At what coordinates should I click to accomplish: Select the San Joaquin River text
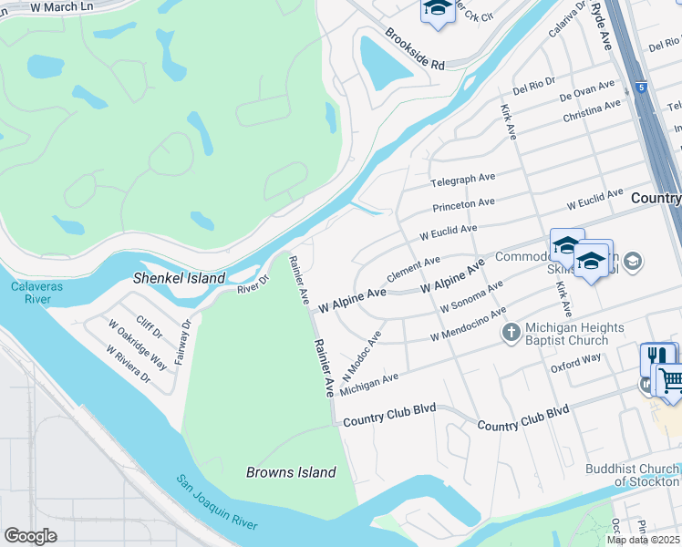point(217,502)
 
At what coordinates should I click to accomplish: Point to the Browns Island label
point(291,472)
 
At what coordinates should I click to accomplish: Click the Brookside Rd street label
point(414,50)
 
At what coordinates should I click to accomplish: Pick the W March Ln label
point(61,6)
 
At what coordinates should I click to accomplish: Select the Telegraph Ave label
point(462,180)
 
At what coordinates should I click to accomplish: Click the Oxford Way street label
point(575,363)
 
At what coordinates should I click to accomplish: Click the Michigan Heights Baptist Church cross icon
point(511,334)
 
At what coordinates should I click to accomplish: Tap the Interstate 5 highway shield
point(642,88)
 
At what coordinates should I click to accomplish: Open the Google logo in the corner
point(30,536)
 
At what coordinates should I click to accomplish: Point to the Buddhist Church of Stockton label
point(632,475)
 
